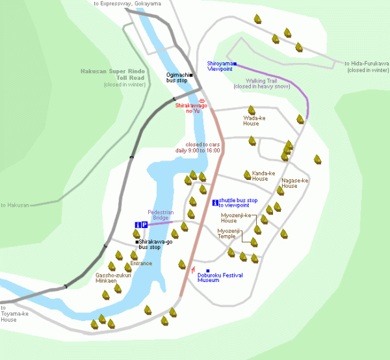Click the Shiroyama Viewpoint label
[x=219, y=66]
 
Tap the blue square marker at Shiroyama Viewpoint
[x=235, y=64]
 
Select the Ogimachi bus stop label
[x=176, y=77]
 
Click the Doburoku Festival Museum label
[x=220, y=278]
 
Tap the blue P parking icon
[x=144, y=225]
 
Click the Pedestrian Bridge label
[x=161, y=214]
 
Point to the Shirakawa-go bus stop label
[x=155, y=244]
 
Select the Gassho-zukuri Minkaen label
[x=113, y=277]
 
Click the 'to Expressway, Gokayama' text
[x=127, y=3]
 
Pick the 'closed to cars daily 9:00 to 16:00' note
[x=203, y=148]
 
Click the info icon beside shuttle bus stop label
[x=215, y=203]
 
